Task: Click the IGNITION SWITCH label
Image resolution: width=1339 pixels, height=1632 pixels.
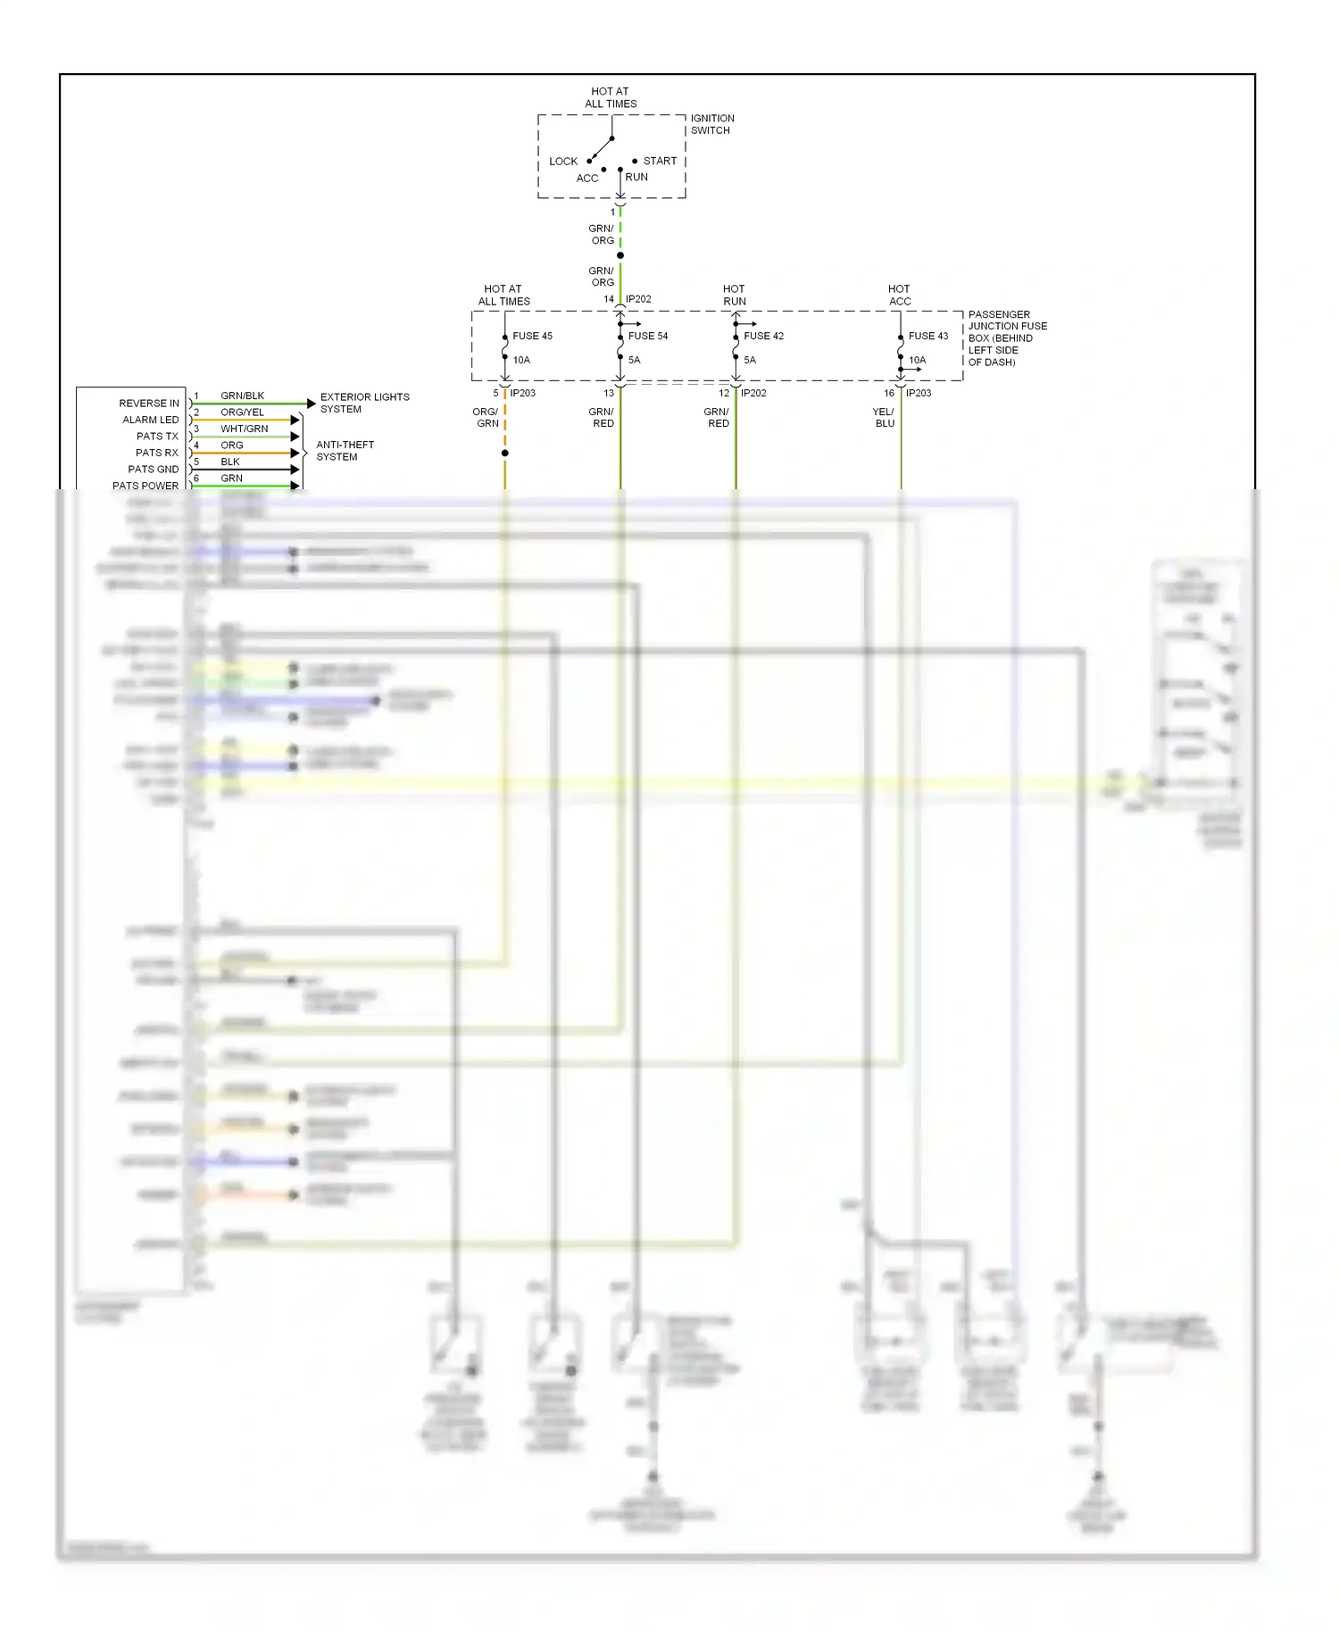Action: click(x=711, y=124)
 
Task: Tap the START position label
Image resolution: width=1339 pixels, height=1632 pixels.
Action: click(x=660, y=161)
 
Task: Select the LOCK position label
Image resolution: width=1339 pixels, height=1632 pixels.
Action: click(x=563, y=162)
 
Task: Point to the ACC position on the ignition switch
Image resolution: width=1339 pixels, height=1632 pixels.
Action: click(x=587, y=178)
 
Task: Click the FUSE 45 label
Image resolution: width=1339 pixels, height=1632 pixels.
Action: click(x=532, y=337)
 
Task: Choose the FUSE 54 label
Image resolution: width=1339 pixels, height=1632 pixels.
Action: click(x=648, y=337)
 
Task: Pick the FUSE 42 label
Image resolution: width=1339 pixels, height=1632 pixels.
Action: click(x=763, y=337)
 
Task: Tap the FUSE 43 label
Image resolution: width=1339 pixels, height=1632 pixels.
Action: click(x=928, y=337)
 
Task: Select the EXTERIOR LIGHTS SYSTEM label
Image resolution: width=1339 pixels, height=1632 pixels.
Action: click(x=364, y=403)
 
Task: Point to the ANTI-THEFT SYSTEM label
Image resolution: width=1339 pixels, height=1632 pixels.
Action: click(x=345, y=451)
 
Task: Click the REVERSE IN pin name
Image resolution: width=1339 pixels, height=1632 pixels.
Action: click(x=149, y=404)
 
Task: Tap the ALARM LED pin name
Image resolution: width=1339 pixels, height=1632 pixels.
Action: click(x=151, y=420)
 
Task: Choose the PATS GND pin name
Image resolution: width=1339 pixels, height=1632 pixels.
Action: click(x=154, y=470)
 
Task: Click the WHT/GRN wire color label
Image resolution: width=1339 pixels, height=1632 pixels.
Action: click(x=244, y=429)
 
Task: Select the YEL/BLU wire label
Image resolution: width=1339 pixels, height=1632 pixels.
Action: click(x=884, y=418)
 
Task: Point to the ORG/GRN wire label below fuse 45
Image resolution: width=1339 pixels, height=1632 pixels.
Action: click(x=487, y=418)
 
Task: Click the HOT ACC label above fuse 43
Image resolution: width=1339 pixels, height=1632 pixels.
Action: click(x=900, y=296)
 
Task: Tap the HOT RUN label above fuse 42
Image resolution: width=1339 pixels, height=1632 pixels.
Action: click(x=734, y=296)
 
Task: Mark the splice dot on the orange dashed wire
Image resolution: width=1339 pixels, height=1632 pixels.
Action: click(x=505, y=454)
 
